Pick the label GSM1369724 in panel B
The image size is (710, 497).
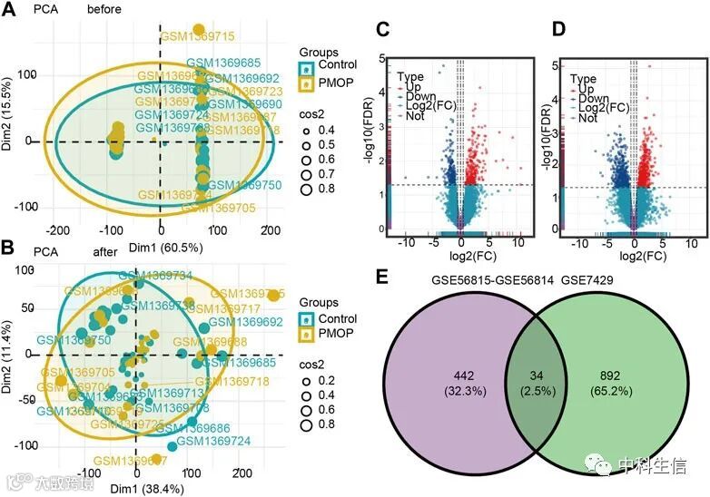point(213,441)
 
